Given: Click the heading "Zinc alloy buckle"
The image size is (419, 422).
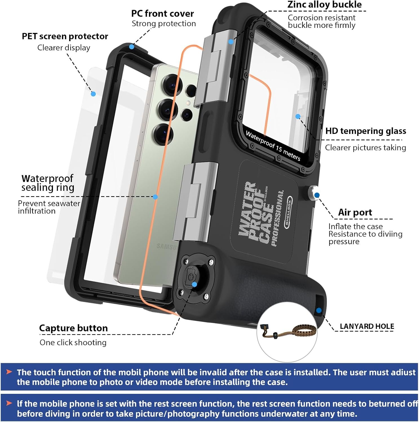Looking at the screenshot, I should point(324,5).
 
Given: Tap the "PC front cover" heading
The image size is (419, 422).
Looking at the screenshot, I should point(163,14).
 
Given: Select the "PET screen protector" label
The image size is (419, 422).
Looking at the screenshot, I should point(65,36).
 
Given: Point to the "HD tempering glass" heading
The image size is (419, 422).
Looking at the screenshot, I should point(365,131).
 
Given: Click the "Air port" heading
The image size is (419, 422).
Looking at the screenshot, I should point(355,212).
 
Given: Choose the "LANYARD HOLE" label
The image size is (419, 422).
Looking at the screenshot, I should point(367,326).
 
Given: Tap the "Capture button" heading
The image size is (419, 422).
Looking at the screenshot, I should point(73,328).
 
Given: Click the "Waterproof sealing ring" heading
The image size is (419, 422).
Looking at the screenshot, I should point(48,183).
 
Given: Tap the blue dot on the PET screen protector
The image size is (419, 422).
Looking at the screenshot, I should point(93,94).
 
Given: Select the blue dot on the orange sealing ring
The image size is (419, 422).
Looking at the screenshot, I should point(155,197).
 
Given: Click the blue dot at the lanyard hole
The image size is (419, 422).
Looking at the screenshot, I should point(319,311).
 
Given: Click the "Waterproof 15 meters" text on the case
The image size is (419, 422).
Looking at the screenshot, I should point(273,145).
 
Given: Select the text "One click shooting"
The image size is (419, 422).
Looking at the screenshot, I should point(73,342).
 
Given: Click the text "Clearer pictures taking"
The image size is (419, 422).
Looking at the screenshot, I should point(365,148).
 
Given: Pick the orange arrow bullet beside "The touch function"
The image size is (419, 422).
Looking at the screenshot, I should point(9,372).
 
